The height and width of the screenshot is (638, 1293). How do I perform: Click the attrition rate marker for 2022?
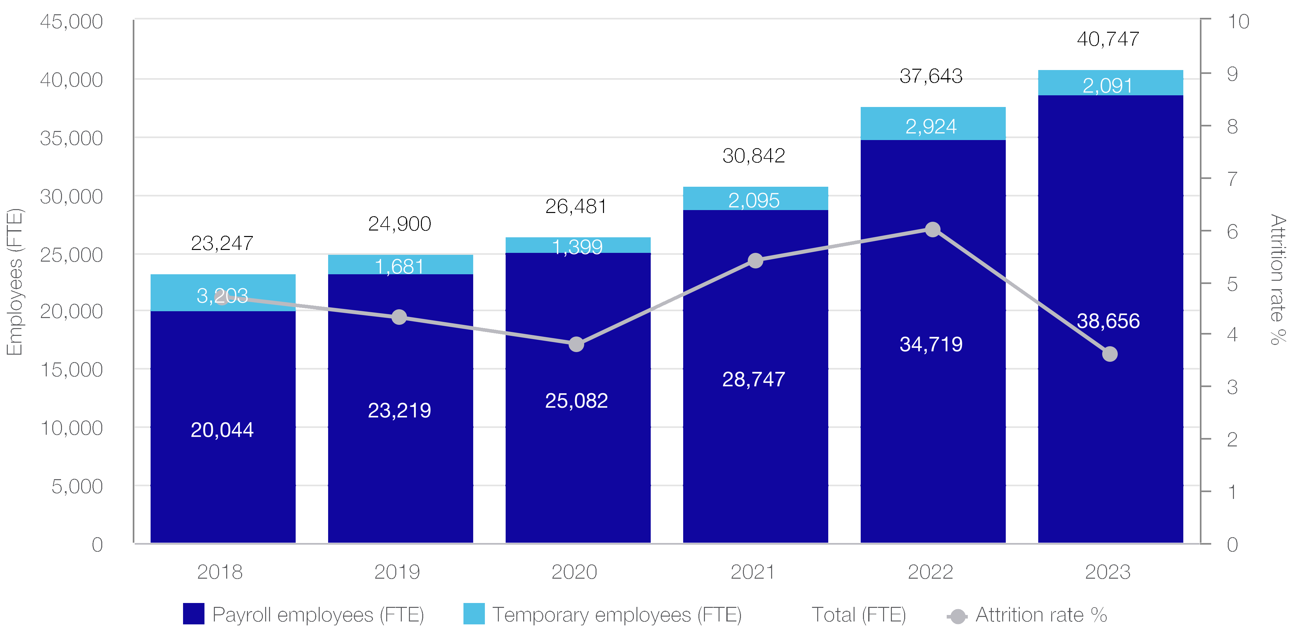click(933, 229)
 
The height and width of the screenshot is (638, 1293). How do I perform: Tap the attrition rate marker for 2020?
click(576, 345)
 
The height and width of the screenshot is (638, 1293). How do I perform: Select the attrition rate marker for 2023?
click(1110, 354)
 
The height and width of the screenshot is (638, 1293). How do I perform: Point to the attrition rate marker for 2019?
click(399, 317)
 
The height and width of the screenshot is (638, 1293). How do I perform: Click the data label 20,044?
click(222, 430)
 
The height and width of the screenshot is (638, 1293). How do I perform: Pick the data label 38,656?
click(1108, 321)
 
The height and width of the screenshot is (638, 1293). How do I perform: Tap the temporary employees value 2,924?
click(931, 126)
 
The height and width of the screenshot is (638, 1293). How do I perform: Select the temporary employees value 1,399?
click(577, 247)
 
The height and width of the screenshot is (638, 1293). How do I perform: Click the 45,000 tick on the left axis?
click(71, 22)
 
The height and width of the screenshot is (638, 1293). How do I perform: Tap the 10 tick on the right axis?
click(1238, 22)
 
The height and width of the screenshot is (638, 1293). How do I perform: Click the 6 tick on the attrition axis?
click(1232, 232)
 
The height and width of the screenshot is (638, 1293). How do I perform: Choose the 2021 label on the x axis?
click(752, 572)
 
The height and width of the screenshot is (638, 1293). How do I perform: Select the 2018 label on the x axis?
click(220, 572)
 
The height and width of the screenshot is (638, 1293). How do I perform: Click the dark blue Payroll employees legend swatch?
click(194, 614)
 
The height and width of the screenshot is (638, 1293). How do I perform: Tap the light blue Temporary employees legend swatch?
click(474, 614)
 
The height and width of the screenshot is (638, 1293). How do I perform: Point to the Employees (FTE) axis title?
click(15, 282)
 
